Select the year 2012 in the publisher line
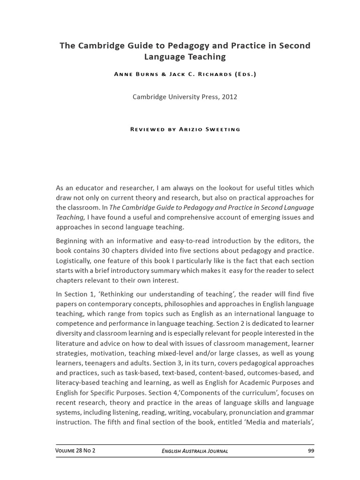click(x=229, y=97)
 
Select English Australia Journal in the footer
click(x=195, y=451)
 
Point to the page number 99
click(x=311, y=451)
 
